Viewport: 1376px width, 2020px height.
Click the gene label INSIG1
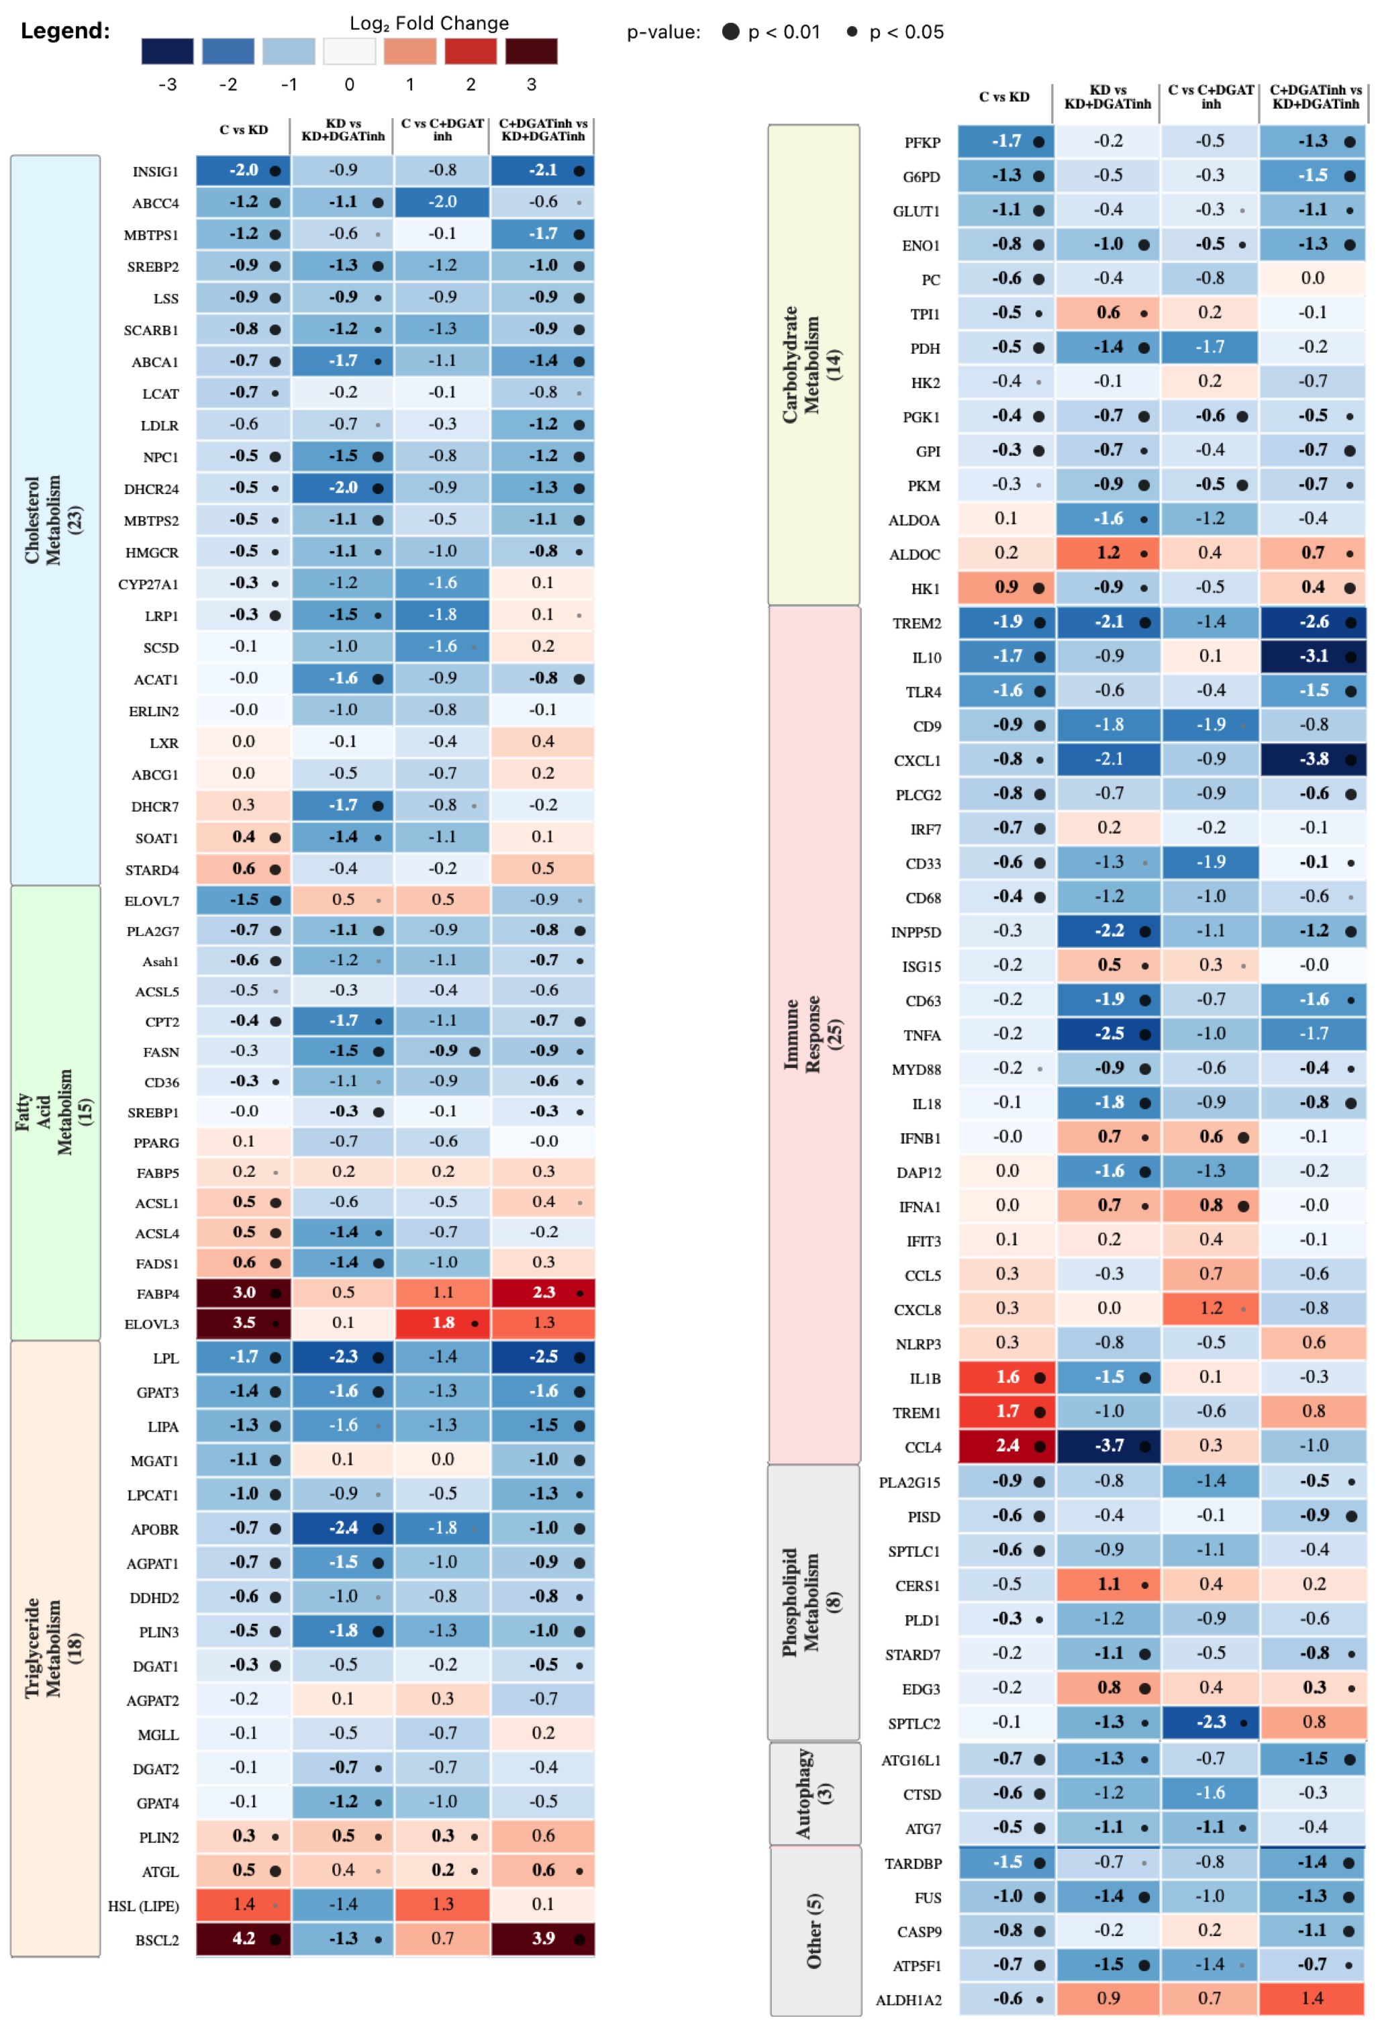point(155,172)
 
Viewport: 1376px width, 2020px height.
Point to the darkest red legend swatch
point(531,51)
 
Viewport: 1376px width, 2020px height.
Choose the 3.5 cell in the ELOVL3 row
point(244,1322)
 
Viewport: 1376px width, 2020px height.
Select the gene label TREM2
point(916,623)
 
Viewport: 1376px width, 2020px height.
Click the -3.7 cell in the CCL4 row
point(1108,1445)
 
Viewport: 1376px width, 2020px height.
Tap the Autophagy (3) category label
point(814,1793)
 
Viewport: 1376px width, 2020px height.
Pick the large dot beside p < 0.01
point(731,32)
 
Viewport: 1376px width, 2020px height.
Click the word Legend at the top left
point(65,32)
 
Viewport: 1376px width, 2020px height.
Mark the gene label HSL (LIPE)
point(144,1906)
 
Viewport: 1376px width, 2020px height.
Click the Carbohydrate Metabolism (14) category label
point(813,365)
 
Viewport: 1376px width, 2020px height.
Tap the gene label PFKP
point(922,142)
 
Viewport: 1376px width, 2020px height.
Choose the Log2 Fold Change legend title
point(428,23)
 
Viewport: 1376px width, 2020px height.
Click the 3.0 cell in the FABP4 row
point(244,1292)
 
